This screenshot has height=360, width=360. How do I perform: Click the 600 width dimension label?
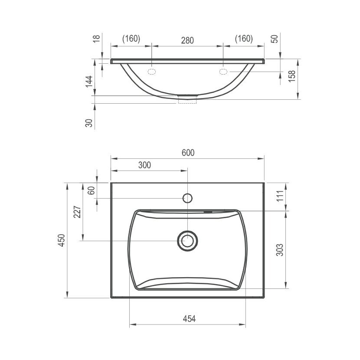[x=188, y=153]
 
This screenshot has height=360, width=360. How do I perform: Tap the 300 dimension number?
[x=144, y=165]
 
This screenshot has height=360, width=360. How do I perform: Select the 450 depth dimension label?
[x=62, y=240]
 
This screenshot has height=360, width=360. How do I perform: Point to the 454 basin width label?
[x=189, y=319]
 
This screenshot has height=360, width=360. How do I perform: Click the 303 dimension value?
[x=280, y=250]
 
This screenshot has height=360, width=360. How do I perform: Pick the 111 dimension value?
[x=280, y=196]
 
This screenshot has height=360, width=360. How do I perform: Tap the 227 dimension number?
[x=77, y=212]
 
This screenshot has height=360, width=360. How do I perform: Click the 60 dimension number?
[x=91, y=190]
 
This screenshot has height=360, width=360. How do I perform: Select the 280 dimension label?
[x=187, y=40]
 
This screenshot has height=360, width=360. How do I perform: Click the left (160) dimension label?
[x=131, y=39]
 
